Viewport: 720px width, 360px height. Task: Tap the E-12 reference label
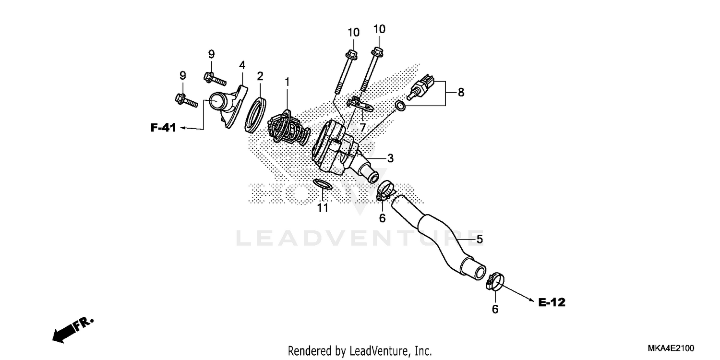(552, 302)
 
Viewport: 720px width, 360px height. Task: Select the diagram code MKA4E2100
(671, 348)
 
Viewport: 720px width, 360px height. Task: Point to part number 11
(323, 207)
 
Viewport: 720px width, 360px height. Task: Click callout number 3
(390, 158)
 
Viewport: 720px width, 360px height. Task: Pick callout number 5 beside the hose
(479, 239)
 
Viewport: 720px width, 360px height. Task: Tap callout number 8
(461, 92)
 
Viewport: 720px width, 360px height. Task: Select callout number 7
(363, 128)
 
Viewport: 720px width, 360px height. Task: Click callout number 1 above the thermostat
(287, 82)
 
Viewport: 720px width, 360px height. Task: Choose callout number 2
(260, 76)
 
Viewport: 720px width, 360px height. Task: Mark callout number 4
(242, 64)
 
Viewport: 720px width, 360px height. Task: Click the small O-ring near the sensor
(399, 106)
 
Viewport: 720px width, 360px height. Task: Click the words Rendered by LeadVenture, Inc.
(360, 350)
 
